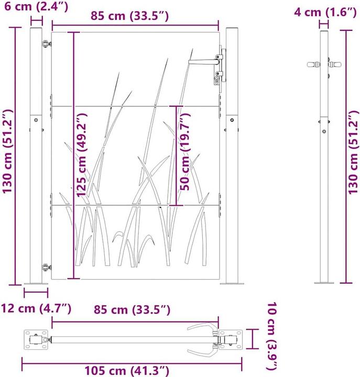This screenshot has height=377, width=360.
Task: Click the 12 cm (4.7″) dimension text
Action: [x=36, y=309]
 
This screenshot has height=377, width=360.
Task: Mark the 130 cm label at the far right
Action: [x=354, y=152]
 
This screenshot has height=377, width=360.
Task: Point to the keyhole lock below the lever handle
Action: [x=217, y=79]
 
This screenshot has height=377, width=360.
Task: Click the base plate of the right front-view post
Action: [x=232, y=283]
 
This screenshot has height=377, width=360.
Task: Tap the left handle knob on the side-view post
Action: [x=313, y=65]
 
